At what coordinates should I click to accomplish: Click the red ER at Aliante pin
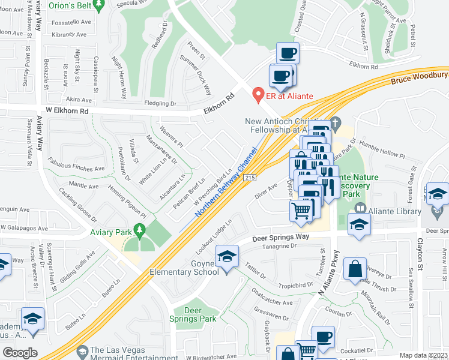click(259, 94)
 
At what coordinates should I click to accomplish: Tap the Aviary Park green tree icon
click(140, 230)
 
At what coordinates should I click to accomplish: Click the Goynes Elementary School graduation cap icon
click(226, 259)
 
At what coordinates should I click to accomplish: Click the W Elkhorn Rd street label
click(62, 111)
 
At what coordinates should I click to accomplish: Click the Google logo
click(20, 352)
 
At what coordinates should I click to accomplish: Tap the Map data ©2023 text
click(423, 355)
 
